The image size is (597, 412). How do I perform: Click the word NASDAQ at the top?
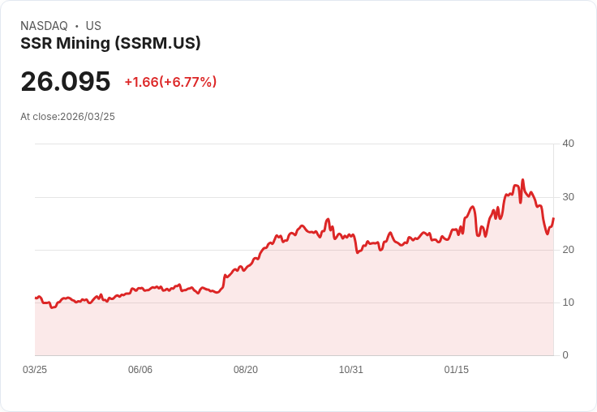click(x=44, y=26)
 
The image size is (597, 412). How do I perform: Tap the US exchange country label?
click(x=93, y=26)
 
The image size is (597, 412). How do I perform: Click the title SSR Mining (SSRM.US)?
click(x=110, y=44)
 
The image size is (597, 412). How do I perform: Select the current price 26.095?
click(x=66, y=81)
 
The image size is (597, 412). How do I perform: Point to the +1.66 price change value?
click(x=140, y=82)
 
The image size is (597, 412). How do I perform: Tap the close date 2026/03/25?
click(x=88, y=117)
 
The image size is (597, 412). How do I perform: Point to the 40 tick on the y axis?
click(x=568, y=144)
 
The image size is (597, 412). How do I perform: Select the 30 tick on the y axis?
click(x=568, y=196)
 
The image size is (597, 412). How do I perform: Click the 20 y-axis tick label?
click(x=568, y=249)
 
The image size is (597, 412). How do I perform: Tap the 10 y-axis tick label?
click(x=568, y=302)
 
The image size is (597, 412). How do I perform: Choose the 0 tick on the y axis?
click(x=565, y=354)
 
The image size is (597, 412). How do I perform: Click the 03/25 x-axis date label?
click(x=35, y=370)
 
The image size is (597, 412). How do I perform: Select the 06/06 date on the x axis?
click(x=140, y=370)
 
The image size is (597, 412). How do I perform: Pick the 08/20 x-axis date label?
click(x=246, y=370)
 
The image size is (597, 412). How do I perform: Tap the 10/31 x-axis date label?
click(x=351, y=370)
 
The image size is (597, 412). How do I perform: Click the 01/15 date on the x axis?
click(x=457, y=370)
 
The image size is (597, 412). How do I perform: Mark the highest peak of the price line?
click(x=522, y=180)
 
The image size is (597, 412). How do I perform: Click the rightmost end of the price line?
click(x=553, y=218)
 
